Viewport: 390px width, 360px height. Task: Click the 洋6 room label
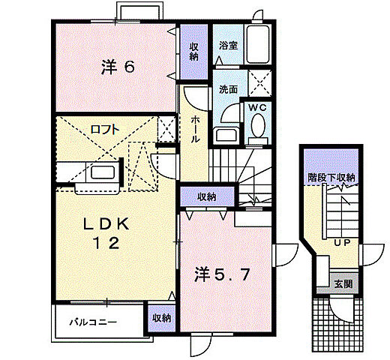(x=118, y=67)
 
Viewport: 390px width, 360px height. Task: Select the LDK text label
(x=106, y=224)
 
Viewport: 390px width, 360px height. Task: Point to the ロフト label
(x=104, y=129)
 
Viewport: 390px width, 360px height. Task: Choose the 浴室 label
(x=228, y=46)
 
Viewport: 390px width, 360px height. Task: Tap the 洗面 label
(x=228, y=88)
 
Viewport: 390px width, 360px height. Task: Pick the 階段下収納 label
(x=331, y=178)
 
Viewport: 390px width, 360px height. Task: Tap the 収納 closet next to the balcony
(x=160, y=318)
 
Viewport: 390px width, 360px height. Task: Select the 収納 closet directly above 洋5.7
(x=207, y=196)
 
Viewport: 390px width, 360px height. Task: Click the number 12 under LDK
(x=106, y=243)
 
